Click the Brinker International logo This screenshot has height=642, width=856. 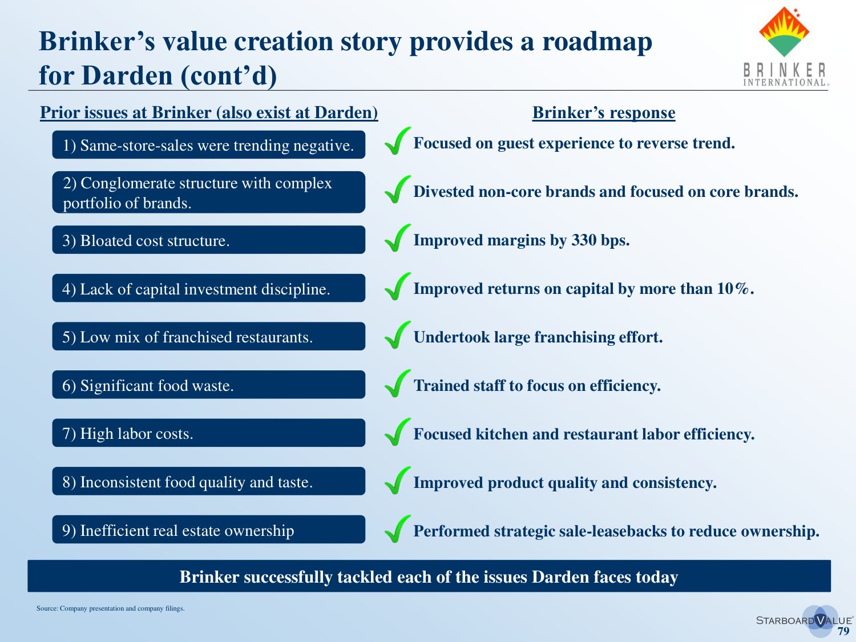(x=785, y=46)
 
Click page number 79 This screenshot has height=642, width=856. (x=843, y=632)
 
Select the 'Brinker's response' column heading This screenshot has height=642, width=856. (x=604, y=112)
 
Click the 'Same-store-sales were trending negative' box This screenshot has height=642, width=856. (x=209, y=144)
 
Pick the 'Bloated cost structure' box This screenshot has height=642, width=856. (x=209, y=240)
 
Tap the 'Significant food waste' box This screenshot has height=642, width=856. (x=209, y=385)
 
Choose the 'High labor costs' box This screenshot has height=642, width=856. (x=209, y=433)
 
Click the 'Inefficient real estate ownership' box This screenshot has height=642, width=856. (x=209, y=530)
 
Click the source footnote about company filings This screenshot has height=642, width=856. (x=110, y=608)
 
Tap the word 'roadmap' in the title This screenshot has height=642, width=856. (x=597, y=42)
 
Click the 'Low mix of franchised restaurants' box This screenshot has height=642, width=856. (x=209, y=336)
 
